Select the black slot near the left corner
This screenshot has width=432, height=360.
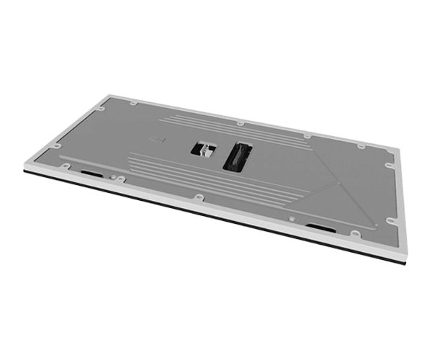(x=91, y=173)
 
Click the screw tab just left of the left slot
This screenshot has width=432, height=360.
(x=66, y=166)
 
